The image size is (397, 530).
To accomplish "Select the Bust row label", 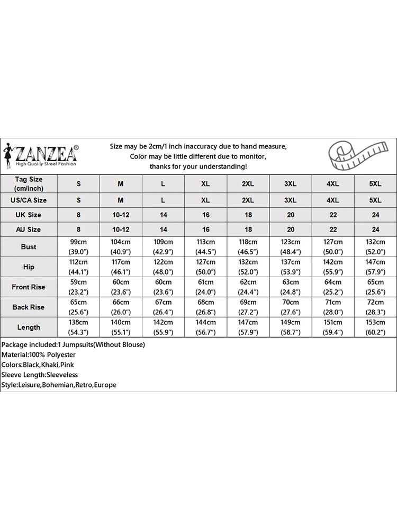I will [29, 247].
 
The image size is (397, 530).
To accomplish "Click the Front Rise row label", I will [29, 287].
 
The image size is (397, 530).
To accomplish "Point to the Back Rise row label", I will [29, 307].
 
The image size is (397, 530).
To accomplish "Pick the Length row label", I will [29, 327].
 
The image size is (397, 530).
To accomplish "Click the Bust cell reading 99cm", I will [79, 247].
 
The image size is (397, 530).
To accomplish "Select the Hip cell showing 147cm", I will [375, 267].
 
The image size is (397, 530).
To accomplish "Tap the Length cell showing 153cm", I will [375, 327].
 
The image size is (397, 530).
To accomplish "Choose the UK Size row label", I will [29, 215].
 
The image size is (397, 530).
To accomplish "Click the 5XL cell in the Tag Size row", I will [375, 184].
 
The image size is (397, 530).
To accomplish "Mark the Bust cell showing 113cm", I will [206, 247].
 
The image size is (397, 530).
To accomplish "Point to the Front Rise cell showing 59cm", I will [79, 287].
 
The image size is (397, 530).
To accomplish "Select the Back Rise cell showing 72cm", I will [375, 307].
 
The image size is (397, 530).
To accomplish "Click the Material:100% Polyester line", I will [39, 355].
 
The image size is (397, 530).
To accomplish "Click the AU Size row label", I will [29, 229].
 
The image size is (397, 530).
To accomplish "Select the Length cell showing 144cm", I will [206, 327].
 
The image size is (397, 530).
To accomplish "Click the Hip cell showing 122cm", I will [163, 267].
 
